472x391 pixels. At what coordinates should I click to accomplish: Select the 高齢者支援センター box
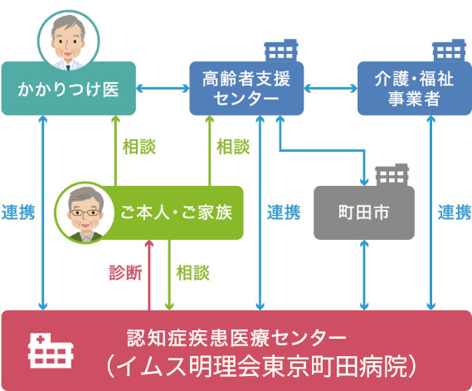point(246,88)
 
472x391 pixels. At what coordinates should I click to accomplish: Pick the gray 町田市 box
point(363,212)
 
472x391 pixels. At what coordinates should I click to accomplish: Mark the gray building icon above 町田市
point(390,175)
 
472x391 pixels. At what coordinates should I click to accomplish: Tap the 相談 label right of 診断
point(193,273)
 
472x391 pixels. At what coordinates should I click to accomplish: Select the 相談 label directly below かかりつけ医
point(139,146)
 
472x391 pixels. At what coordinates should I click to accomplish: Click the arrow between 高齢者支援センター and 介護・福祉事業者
point(330,88)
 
